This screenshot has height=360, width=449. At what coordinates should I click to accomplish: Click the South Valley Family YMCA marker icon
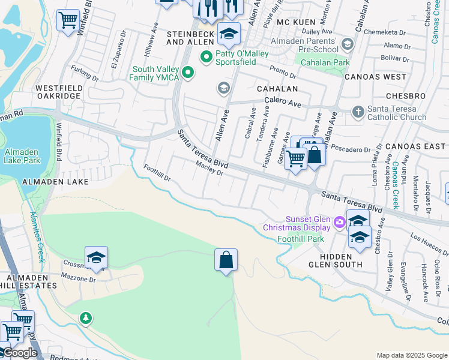tap(188, 73)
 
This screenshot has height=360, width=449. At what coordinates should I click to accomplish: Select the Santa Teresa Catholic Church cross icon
tap(358, 112)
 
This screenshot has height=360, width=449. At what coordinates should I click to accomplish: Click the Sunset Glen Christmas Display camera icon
tap(340, 223)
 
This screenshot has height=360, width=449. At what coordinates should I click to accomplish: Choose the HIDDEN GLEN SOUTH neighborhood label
tap(341, 260)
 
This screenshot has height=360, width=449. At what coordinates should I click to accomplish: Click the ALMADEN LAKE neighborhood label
tap(55, 181)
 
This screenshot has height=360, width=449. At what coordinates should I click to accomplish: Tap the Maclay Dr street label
tap(209, 172)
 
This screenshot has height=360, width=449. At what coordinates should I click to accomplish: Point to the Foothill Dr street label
tap(157, 173)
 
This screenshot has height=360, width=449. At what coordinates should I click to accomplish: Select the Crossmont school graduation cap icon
tap(96, 257)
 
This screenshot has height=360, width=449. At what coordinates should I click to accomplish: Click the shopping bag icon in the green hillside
tap(226, 260)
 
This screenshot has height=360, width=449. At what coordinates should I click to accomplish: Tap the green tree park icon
tap(86, 317)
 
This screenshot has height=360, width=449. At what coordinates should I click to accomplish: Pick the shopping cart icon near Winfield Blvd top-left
tap(68, 20)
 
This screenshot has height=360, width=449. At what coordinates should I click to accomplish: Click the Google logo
tap(19, 353)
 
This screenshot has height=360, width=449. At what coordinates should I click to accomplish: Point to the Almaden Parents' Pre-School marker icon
tap(347, 44)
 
